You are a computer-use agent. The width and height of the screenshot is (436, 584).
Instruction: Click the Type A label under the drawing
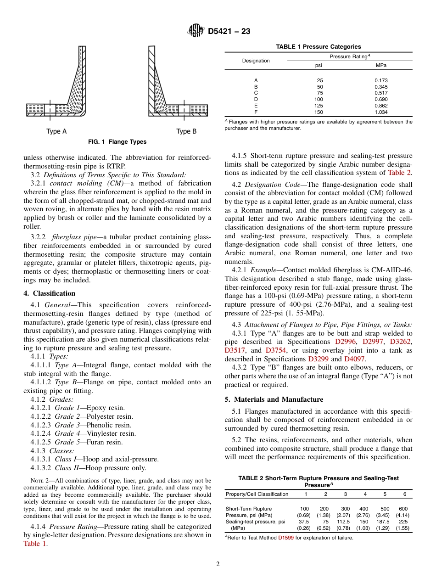(56, 132)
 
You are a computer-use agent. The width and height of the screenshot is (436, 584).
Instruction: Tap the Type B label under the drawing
(186, 132)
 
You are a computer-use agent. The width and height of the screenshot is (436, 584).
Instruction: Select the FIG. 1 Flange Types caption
(117, 142)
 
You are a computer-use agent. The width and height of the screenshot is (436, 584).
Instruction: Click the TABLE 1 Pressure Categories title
(318, 47)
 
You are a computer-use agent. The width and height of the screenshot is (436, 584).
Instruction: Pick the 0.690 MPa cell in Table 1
(380, 99)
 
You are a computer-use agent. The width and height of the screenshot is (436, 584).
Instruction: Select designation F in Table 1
(256, 112)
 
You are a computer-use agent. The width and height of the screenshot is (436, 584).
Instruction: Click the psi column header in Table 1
(319, 66)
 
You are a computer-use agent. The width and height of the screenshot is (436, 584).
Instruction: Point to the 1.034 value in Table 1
(380, 112)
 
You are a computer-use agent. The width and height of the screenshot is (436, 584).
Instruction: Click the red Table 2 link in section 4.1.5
(400, 173)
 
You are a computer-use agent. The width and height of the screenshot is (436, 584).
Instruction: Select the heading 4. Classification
(50, 293)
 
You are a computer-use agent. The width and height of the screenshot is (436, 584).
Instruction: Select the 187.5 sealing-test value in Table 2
(385, 522)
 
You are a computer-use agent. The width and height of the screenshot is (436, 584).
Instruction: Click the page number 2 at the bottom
(218, 564)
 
